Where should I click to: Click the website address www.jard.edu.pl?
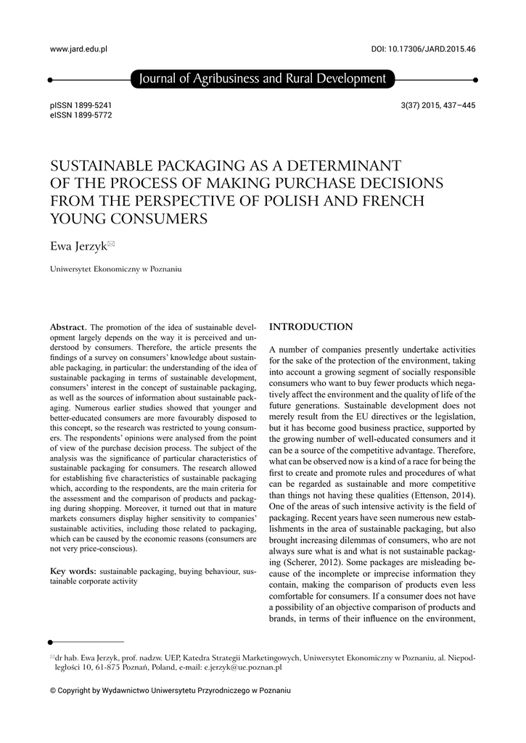pos(78,49)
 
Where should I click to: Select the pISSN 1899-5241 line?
pos(81,106)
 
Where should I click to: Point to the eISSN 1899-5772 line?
pos(81,115)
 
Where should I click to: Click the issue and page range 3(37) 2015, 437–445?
pos(437,106)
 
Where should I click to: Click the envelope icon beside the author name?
pos(111,244)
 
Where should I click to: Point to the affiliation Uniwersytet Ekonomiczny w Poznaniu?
pos(115,269)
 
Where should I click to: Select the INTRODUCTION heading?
pos(311,327)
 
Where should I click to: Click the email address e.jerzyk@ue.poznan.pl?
pos(242,666)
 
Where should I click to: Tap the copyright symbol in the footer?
pos(53,691)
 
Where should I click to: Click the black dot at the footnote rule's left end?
pos(50,642)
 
